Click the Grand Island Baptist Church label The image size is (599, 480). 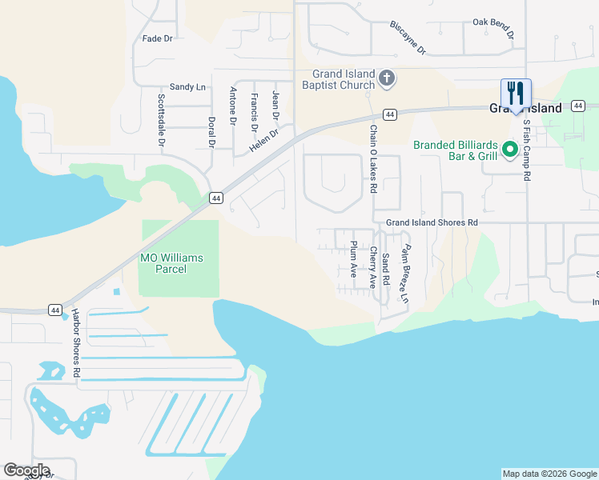(338, 79)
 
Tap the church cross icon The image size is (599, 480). (387, 78)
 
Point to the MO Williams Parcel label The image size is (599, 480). (171, 263)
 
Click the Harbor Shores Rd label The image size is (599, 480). (75, 342)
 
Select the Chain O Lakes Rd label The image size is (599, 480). (373, 158)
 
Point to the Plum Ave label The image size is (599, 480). (353, 258)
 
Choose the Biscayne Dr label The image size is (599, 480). (408, 38)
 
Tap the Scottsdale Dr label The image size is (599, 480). (161, 121)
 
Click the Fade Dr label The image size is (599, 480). (157, 38)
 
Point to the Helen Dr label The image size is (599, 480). (263, 142)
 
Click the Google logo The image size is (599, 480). (26, 470)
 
